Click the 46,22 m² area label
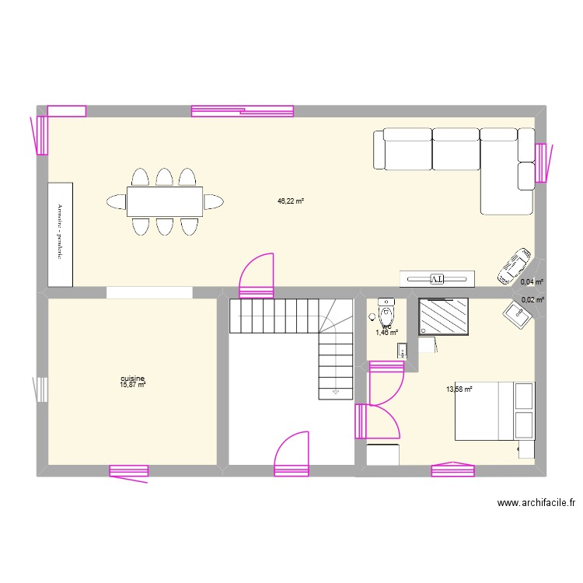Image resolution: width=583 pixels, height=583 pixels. [290, 201]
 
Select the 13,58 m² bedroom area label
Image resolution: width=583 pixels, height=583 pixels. [459, 389]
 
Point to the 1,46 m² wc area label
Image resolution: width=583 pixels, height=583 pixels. [386, 333]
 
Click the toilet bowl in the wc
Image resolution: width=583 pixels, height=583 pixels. [386, 312]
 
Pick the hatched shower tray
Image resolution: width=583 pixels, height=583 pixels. [445, 316]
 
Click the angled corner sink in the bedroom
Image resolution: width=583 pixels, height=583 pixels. [516, 313]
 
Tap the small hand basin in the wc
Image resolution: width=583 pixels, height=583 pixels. [401, 351]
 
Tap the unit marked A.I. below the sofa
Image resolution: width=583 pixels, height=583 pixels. [436, 278]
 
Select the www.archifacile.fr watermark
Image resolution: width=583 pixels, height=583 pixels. [536, 504]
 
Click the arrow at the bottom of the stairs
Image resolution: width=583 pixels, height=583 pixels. [335, 392]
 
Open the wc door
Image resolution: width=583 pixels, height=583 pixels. [387, 385]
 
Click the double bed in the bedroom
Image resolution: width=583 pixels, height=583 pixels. [494, 411]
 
